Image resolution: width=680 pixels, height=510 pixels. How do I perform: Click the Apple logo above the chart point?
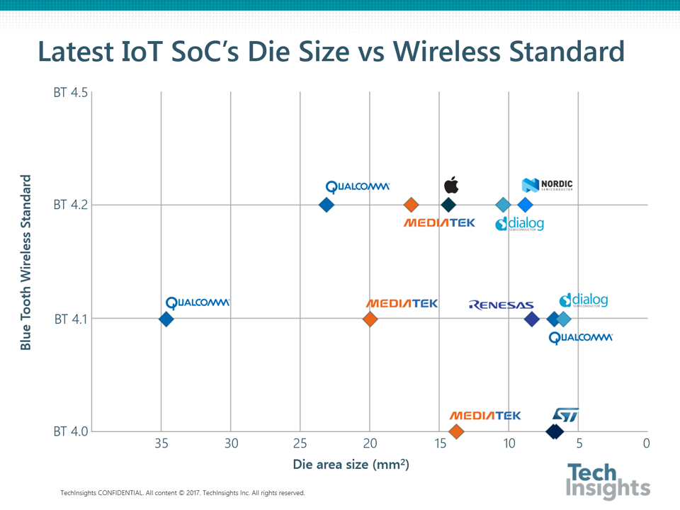[451, 186]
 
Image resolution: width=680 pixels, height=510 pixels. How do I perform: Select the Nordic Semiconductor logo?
[548, 186]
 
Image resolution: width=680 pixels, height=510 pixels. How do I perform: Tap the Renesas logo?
[501, 305]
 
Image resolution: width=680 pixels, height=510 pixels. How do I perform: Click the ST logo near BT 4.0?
[566, 414]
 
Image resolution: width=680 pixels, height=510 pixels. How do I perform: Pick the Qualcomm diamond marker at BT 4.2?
[327, 205]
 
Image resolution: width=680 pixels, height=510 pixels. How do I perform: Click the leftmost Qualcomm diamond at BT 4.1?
[166, 319]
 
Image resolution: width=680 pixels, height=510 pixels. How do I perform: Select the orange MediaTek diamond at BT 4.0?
[456, 431]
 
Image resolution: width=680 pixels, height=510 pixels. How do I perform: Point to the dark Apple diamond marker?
[448, 205]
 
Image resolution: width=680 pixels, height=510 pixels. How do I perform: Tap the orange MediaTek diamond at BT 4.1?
[370, 319]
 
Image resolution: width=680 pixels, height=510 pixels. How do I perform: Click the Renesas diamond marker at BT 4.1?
[532, 319]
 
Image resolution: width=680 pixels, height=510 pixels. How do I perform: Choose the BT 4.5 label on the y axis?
[70, 92]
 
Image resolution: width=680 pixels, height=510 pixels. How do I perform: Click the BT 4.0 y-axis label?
[70, 431]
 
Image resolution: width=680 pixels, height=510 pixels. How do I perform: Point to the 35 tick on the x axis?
[161, 444]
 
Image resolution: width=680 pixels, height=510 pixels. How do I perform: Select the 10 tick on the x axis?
[509, 444]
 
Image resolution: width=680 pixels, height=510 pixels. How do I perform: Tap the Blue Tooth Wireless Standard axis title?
[26, 262]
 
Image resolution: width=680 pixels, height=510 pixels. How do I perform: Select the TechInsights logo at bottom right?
[608, 480]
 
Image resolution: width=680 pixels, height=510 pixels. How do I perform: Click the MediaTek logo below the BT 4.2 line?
[439, 223]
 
